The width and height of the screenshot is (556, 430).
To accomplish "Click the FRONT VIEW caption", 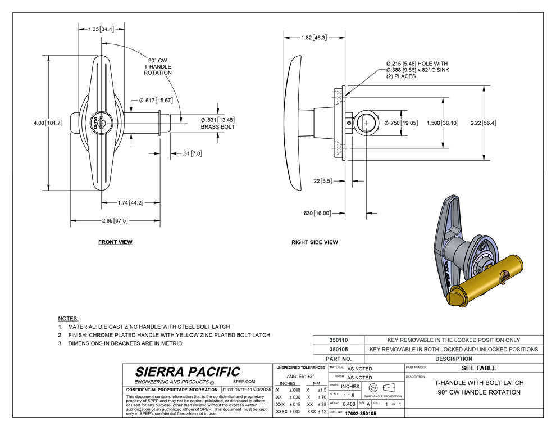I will click(x=115, y=242).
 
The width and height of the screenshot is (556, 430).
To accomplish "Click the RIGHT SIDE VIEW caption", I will click(x=315, y=242).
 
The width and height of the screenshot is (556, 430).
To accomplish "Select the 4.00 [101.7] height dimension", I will click(x=48, y=123).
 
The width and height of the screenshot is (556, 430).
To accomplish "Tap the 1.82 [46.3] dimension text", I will click(x=313, y=38).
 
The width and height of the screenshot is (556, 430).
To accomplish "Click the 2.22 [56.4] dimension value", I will click(x=483, y=123).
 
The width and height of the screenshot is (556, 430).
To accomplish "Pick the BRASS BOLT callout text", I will click(x=217, y=127).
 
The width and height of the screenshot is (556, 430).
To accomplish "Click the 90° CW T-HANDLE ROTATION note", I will click(x=157, y=66).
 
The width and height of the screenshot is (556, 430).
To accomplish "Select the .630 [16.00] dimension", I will click(x=316, y=213).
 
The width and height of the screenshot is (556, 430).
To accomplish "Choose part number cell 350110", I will click(x=339, y=340).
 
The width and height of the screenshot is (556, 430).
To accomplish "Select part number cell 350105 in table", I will click(x=339, y=349).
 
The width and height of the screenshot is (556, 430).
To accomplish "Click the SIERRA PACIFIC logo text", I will click(x=187, y=372).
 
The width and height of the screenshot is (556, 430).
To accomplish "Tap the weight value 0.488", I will click(x=349, y=404).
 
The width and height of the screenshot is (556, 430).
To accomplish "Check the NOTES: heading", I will click(x=69, y=318).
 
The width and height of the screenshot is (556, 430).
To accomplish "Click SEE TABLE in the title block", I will click(x=478, y=368).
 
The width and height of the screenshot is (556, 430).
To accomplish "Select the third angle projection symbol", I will click(x=381, y=386).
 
